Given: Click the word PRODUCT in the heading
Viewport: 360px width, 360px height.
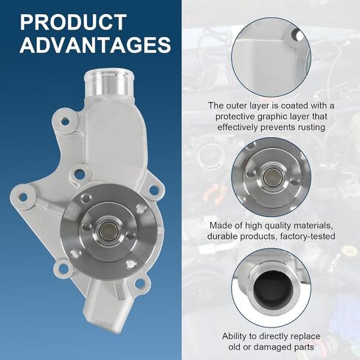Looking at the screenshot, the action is click(73, 22).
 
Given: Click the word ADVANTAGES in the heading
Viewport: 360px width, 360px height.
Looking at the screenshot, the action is click(95, 45).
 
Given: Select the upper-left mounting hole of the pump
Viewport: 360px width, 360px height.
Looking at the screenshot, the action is click(65, 121).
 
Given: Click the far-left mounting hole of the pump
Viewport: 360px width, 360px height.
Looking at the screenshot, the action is click(23, 197).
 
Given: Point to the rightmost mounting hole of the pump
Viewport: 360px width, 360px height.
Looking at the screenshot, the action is click(153, 190).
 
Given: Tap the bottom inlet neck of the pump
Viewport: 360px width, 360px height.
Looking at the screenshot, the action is click(106, 304).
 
